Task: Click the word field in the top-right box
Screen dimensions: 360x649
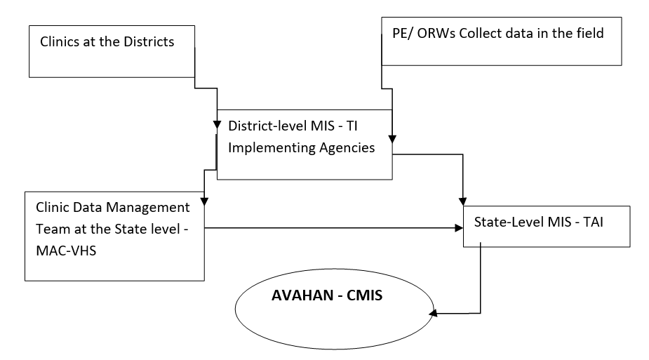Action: (589, 33)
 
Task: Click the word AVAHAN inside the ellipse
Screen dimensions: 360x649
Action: (302, 295)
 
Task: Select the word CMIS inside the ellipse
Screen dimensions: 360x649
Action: (361, 295)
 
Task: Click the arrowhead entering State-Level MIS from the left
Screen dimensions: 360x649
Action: (458, 227)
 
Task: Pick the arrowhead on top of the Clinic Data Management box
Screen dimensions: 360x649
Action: (203, 201)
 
